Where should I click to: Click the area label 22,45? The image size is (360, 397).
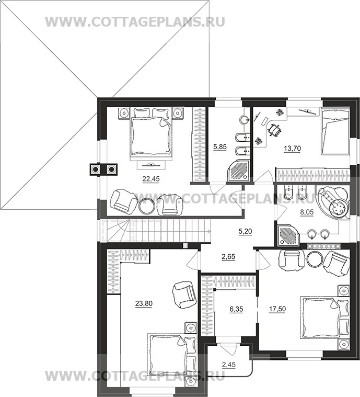click(x=151, y=179)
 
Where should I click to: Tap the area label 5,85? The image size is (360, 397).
click(x=220, y=147)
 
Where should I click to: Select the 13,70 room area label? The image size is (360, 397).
click(x=292, y=149)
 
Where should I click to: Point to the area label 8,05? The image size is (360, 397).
click(x=307, y=212)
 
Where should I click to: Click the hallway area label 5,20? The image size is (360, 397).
click(x=246, y=231)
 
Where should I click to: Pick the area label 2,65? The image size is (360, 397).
click(x=228, y=257)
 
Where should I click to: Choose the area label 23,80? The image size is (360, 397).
click(x=144, y=303)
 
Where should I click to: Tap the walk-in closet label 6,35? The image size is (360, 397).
click(x=236, y=309)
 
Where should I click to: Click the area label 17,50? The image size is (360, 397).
click(x=277, y=309)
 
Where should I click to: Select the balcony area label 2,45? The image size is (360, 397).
click(x=229, y=365)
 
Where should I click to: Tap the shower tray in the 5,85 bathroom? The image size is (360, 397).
click(x=238, y=172)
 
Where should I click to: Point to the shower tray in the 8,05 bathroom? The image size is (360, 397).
click(x=288, y=235)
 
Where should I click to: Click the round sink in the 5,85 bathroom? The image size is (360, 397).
click(x=245, y=119)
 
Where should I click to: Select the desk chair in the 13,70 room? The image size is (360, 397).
click(x=274, y=130)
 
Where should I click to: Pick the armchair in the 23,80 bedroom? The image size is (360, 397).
click(x=184, y=294)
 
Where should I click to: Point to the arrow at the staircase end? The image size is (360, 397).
click(x=208, y=231)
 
